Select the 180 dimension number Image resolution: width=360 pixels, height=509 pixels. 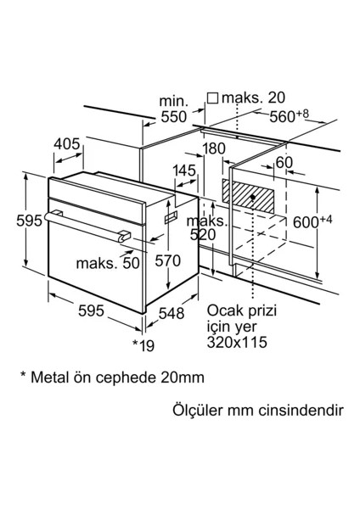[x=214, y=149]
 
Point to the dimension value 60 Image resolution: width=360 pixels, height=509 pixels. [x=283, y=162]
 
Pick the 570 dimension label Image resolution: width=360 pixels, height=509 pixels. [x=167, y=260]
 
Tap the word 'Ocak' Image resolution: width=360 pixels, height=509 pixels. [x=222, y=310]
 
